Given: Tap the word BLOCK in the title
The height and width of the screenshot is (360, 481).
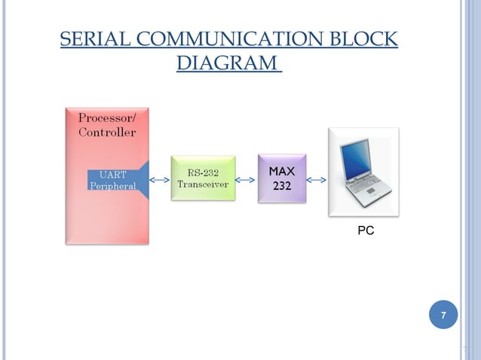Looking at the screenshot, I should (x=367, y=39).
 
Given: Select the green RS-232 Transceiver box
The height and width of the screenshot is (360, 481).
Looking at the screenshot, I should (x=203, y=178).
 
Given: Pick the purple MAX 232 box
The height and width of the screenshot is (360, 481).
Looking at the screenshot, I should (x=282, y=178).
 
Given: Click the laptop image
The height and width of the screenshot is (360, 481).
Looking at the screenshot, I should (x=363, y=172).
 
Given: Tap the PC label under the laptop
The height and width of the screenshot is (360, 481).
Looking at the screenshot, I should (x=366, y=231).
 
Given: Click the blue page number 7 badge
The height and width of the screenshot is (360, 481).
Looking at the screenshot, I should (x=443, y=315).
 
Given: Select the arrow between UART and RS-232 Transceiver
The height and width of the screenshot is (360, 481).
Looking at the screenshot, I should (x=160, y=180).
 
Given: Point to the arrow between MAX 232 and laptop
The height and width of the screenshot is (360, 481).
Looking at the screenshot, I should (x=317, y=180).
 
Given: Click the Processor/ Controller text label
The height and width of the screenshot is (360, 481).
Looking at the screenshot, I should (x=107, y=124).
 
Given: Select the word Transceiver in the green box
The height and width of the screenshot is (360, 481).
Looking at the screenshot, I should (x=203, y=185).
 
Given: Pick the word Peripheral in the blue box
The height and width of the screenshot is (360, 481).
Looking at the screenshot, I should (x=113, y=187).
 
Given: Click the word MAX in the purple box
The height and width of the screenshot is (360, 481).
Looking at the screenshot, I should (x=282, y=172).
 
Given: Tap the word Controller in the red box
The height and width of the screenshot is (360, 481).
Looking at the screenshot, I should (x=107, y=133).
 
